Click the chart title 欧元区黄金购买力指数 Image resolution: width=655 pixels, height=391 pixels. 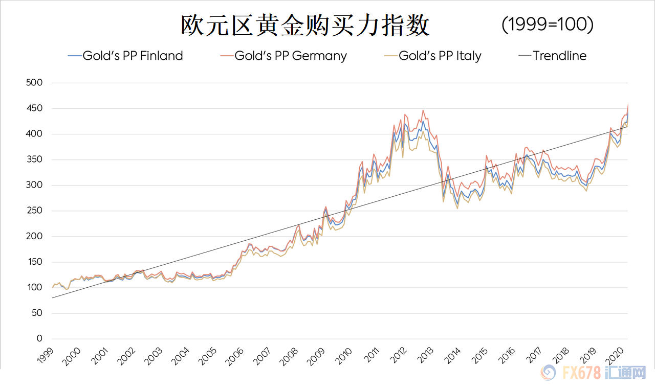305,26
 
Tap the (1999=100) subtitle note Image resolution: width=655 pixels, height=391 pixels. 547,25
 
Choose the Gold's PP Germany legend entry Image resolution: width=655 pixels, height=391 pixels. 290,56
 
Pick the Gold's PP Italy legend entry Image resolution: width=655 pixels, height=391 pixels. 440,56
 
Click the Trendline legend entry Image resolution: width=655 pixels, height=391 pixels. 559,56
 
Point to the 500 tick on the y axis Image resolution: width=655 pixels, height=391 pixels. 33,83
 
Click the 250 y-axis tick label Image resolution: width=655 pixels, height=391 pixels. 33,211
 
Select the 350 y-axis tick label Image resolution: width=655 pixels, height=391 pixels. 33,160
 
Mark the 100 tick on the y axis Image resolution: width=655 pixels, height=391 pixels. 33,288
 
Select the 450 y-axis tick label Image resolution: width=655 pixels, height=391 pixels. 33,108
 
